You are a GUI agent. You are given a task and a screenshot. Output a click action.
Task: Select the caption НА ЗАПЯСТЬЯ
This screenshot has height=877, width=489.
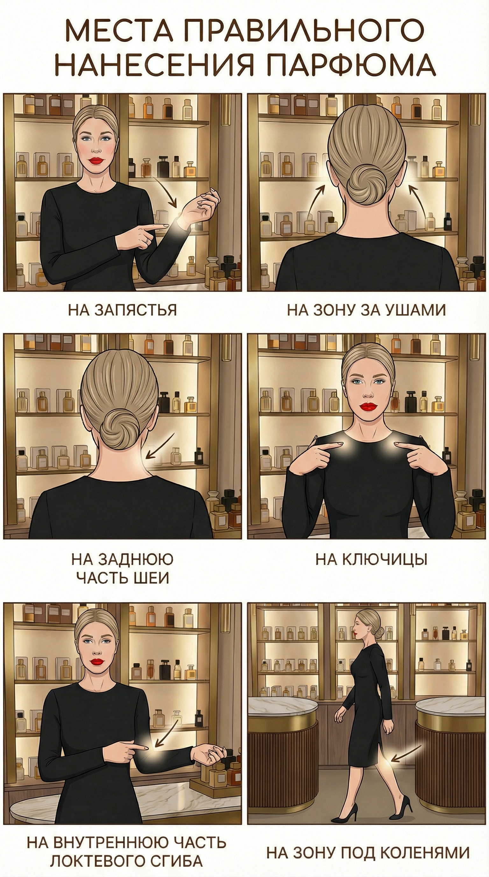click(x=123, y=310)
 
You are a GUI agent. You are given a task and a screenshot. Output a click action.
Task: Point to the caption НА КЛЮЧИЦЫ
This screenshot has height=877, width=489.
click(x=371, y=560)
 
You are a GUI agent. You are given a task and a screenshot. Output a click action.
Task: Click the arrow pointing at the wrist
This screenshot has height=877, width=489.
click(x=165, y=191)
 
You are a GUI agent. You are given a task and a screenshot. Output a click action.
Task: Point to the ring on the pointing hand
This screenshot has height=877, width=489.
click(x=145, y=240)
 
